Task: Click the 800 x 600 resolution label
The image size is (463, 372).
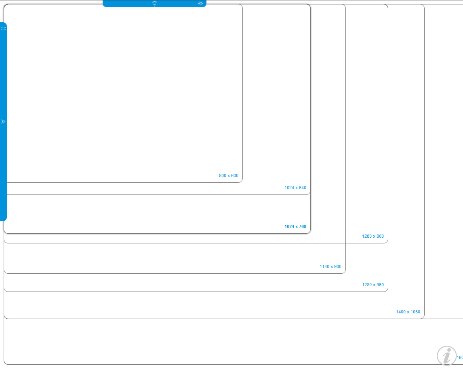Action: click(x=229, y=175)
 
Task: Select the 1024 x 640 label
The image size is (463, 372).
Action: click(x=295, y=188)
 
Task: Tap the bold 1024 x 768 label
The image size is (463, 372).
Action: click(x=295, y=226)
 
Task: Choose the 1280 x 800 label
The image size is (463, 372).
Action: click(x=373, y=236)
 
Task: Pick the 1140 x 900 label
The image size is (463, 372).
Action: click(x=330, y=266)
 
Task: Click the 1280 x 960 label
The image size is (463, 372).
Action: click(x=373, y=285)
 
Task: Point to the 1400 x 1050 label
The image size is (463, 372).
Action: click(x=408, y=312)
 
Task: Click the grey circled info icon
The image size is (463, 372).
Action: click(x=446, y=356)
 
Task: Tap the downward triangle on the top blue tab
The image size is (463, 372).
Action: click(x=154, y=4)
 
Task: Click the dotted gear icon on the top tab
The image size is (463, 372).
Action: click(x=200, y=4)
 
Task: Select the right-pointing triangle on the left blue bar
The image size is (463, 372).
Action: click(x=3, y=121)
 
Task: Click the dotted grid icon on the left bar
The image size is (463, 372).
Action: click(x=3, y=28)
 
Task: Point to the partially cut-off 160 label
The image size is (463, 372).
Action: click(x=460, y=357)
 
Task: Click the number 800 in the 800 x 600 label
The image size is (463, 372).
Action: click(x=223, y=175)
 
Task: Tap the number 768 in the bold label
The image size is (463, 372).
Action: click(x=302, y=226)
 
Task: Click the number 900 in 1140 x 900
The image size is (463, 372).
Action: click(x=337, y=266)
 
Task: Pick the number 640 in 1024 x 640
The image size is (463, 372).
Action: click(x=302, y=188)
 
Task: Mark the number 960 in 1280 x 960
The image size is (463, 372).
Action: click(x=380, y=285)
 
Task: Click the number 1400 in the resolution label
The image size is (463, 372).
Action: click(x=401, y=312)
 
